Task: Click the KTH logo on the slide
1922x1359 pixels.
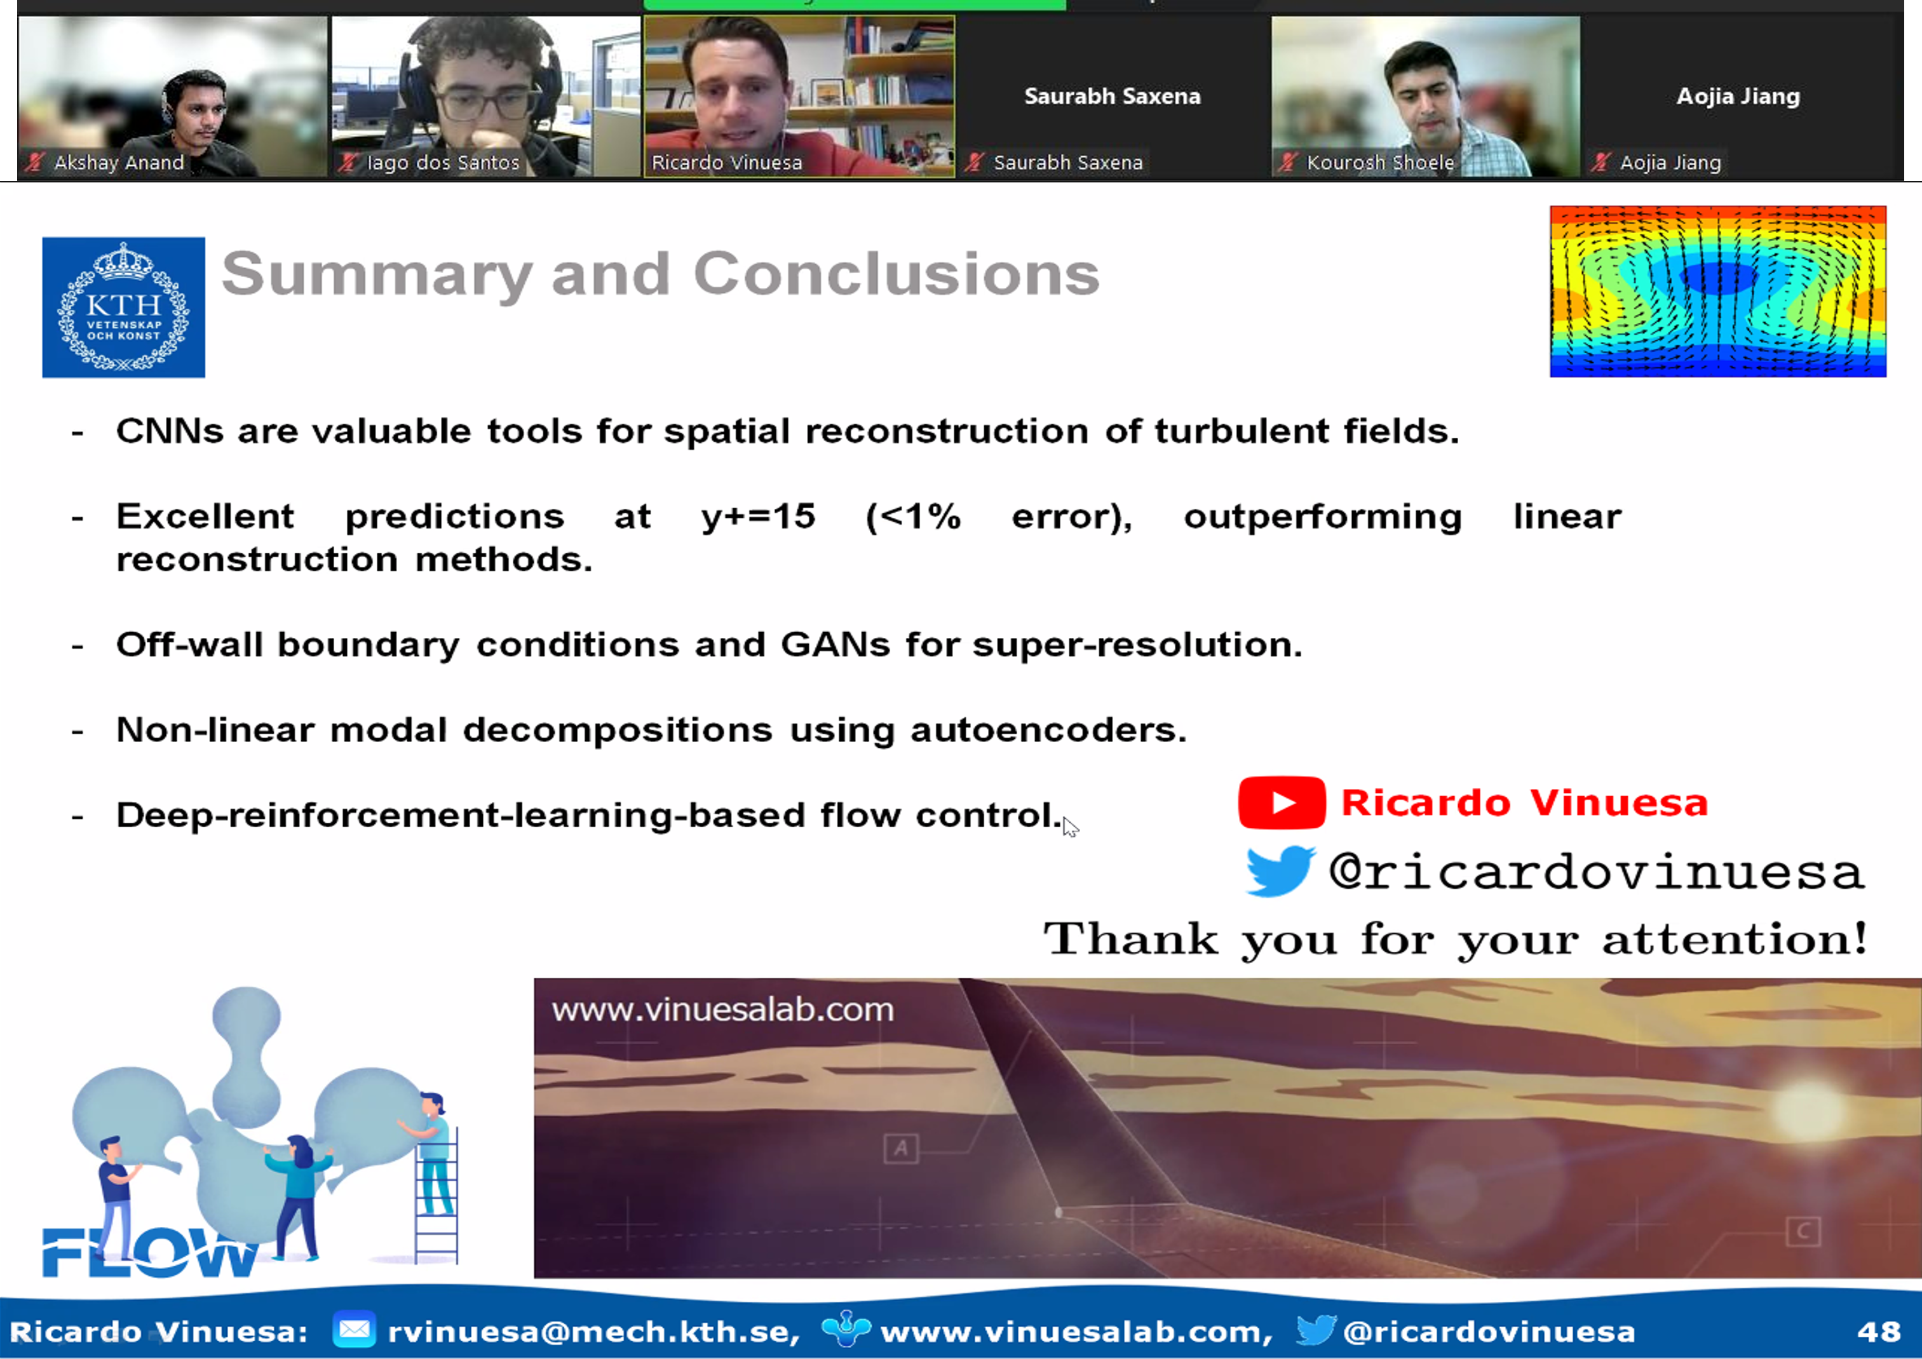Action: click(124, 307)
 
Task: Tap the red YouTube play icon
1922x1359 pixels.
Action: click(1281, 802)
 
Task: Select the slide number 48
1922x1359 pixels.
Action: click(1878, 1332)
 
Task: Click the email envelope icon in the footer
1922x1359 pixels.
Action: click(354, 1330)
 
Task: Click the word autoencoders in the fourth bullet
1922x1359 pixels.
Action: click(1048, 730)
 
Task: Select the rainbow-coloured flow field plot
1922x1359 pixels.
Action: click(1718, 291)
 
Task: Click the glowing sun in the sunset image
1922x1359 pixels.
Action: click(1808, 1109)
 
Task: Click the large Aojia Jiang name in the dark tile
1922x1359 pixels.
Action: click(1738, 96)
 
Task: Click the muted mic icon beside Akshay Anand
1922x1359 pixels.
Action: click(34, 163)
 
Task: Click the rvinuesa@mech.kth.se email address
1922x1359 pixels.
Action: click(593, 1332)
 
